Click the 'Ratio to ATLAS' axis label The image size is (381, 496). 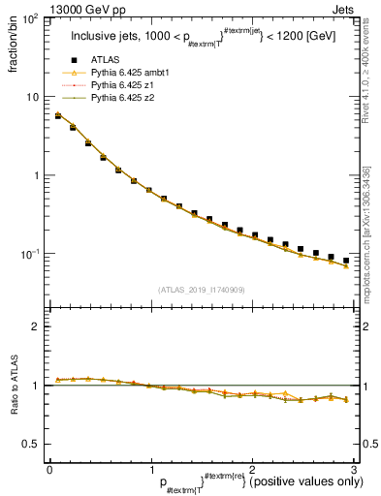13,386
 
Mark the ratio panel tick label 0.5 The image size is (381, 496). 31,444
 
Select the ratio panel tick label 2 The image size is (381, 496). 37,326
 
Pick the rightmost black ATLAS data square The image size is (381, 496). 346,261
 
